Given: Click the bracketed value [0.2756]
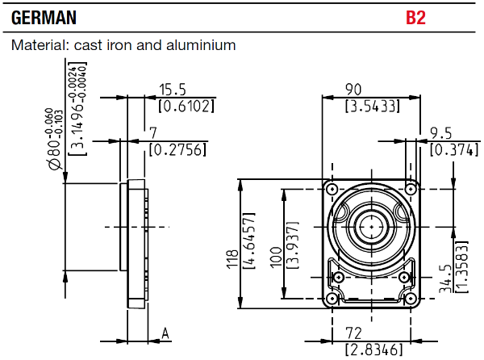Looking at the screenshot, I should (177, 149).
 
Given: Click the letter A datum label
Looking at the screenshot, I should (165, 332).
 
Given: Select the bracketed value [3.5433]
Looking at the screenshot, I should (371, 106).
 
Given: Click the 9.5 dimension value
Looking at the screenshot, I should (440, 132).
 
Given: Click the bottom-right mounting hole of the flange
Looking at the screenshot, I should (408, 299).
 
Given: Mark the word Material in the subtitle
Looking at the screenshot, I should (37, 45).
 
